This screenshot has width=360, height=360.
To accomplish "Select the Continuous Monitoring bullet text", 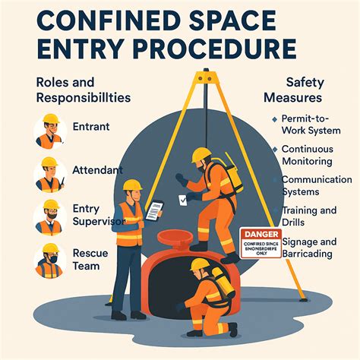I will click(x=308, y=156).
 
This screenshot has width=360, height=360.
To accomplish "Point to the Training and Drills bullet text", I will click(x=308, y=216).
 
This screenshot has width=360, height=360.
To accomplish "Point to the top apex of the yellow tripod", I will click(x=203, y=75).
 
